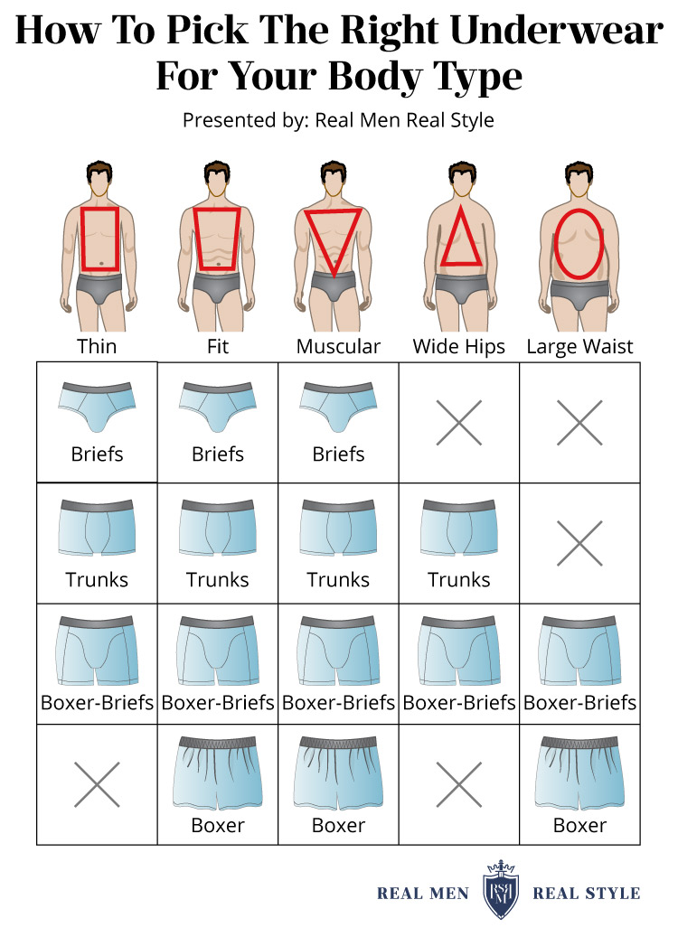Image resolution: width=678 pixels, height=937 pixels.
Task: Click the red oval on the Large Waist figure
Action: pyautogui.click(x=554, y=244)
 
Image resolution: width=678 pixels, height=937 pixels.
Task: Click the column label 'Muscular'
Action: pyautogui.click(x=338, y=347)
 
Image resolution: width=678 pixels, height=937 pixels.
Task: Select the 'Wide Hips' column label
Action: pyautogui.click(x=458, y=347)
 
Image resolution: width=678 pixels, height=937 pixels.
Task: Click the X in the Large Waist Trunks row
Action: pyautogui.click(x=579, y=543)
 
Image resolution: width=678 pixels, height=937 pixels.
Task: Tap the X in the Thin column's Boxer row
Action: pyautogui.click(x=97, y=784)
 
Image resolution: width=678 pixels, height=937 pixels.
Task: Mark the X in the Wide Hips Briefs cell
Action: pyautogui.click(x=458, y=423)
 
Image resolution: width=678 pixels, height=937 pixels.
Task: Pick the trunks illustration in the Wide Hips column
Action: pyautogui.click(x=459, y=528)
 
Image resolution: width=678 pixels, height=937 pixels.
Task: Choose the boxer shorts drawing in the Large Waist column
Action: pyautogui.click(x=579, y=772)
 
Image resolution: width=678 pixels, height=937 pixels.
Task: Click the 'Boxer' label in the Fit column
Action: pyautogui.click(x=218, y=825)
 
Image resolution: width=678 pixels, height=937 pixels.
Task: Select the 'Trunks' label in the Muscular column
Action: pyautogui.click(x=338, y=580)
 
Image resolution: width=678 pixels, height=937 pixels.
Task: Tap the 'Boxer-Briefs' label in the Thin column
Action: pyautogui.click(x=97, y=702)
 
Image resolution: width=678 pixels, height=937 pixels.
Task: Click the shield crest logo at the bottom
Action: pyautogui.click(x=501, y=889)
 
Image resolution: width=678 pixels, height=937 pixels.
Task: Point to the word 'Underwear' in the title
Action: pyautogui.click(x=557, y=30)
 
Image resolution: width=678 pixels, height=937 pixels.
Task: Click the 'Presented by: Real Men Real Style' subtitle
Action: pyautogui.click(x=338, y=120)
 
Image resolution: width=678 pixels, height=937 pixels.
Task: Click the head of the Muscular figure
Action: pyautogui.click(x=333, y=178)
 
